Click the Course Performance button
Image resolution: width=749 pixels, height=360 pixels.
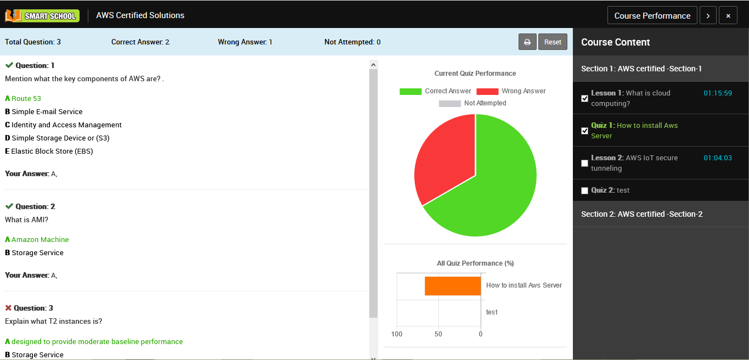coord(652,15)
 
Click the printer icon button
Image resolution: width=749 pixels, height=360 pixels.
coord(527,42)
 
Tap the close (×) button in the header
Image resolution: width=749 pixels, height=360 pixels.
coord(728,15)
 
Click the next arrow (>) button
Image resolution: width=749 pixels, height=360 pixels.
coord(708,15)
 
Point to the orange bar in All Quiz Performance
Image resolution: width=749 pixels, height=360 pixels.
coord(453,286)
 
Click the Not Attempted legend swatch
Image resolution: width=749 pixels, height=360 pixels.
coord(449,103)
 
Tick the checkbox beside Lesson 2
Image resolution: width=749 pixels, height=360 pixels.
coord(584,163)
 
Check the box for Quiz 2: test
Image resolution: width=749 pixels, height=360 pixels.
coord(584,190)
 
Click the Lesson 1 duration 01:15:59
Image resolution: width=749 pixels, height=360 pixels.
coord(718,93)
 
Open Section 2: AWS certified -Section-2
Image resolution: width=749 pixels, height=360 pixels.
coord(641,214)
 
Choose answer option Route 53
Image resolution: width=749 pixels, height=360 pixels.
coord(26,99)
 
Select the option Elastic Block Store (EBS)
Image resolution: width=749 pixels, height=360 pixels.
coord(52,151)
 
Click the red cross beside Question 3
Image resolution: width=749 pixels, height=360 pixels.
coord(8,308)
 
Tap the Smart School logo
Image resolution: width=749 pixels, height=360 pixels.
coord(42,15)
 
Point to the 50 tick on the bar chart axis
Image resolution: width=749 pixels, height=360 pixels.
coord(438,334)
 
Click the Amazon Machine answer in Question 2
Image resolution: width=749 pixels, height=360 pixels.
coord(40,240)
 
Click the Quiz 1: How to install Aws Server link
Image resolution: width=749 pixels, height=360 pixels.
coord(634,131)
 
